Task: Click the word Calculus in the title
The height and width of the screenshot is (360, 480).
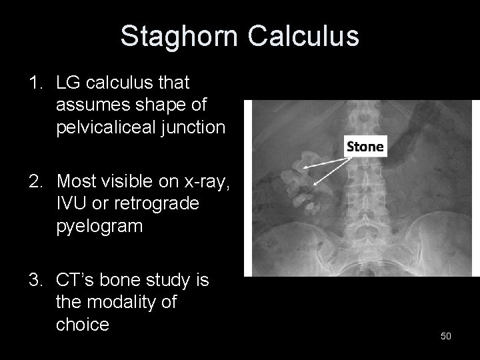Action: pos(303,36)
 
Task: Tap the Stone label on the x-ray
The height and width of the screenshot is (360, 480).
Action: pos(365,147)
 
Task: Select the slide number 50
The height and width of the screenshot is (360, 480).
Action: pos(446,336)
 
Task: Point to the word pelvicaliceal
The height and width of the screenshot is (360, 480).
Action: pos(109,127)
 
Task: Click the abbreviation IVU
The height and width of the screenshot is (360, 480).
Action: pos(72,203)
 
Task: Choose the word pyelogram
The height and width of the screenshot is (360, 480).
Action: pos(99,226)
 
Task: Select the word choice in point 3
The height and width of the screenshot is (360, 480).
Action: pos(82,325)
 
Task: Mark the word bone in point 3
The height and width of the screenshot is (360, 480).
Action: pos(123,279)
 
